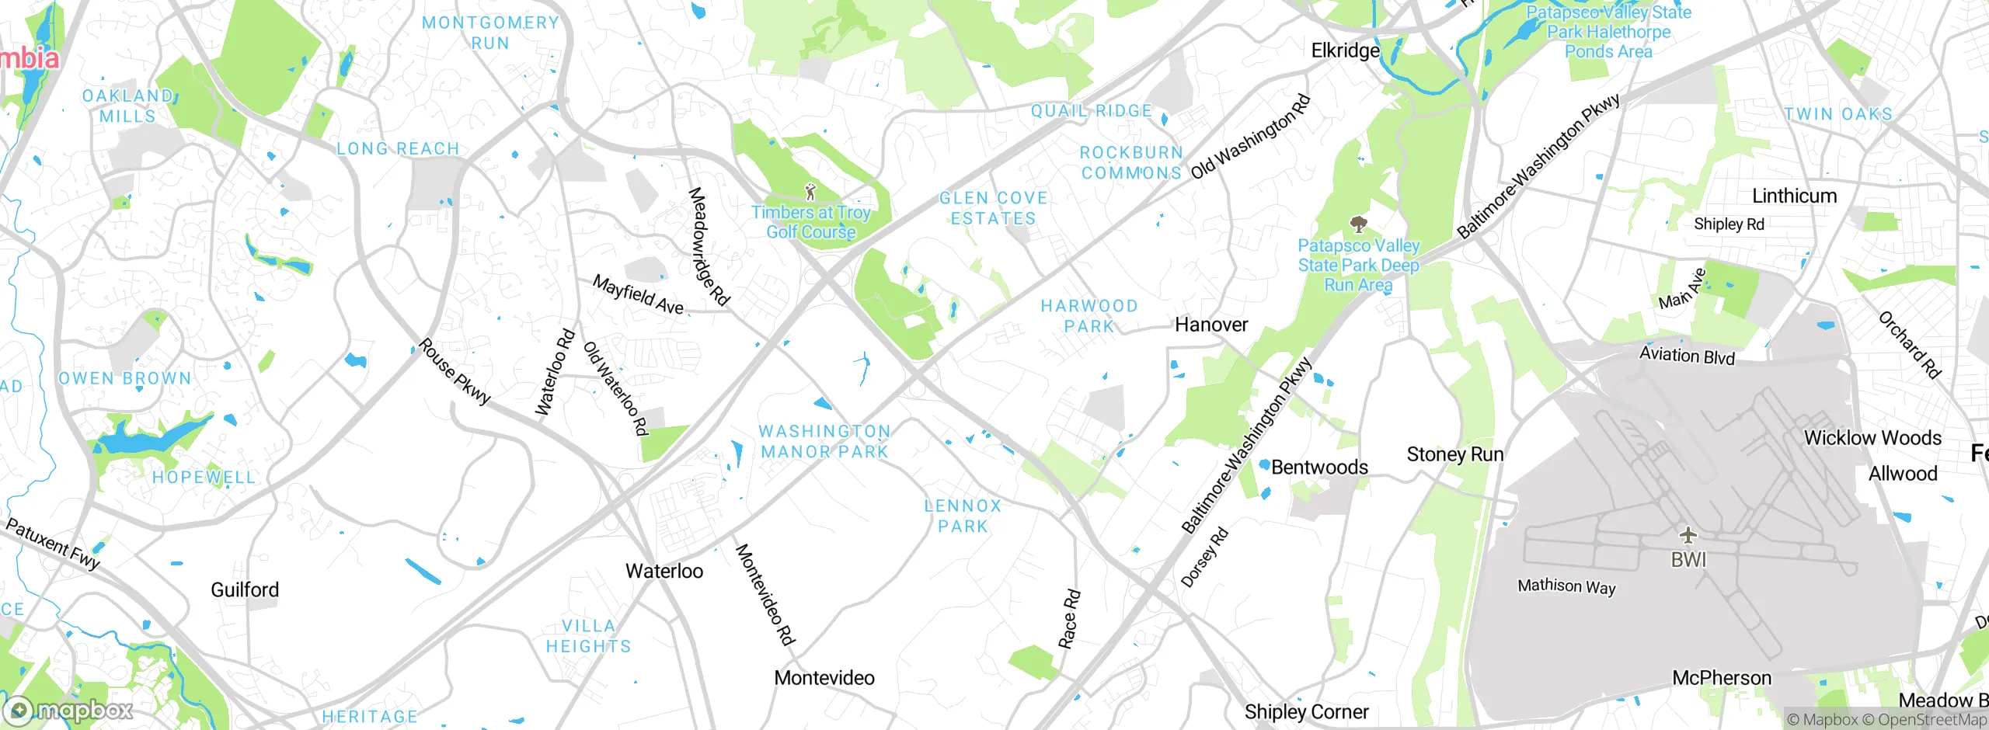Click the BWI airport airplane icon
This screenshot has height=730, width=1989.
(x=1688, y=535)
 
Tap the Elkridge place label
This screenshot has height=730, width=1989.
(x=1345, y=50)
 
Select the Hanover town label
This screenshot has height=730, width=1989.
(x=1210, y=325)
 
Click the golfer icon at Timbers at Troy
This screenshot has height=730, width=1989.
(x=810, y=191)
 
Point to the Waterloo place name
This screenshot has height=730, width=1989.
(x=664, y=571)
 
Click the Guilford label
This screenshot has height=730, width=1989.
(x=245, y=589)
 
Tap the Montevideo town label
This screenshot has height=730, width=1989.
(x=824, y=677)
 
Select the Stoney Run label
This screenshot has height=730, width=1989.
(x=1454, y=454)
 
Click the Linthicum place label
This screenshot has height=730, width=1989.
(x=1794, y=196)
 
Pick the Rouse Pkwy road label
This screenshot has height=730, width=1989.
(x=455, y=371)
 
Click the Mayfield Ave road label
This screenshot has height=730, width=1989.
(x=638, y=294)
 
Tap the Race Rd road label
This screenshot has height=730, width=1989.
(x=1069, y=619)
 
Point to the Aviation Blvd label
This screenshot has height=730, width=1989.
(x=1687, y=356)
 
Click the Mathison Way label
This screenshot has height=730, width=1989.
(x=1566, y=586)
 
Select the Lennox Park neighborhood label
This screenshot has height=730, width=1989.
(x=963, y=516)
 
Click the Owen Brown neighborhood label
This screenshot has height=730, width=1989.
(x=125, y=378)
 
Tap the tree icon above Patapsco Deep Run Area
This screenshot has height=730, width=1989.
(x=1358, y=225)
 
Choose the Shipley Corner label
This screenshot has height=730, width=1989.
(x=1306, y=711)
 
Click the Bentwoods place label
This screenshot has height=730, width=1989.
(x=1318, y=467)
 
